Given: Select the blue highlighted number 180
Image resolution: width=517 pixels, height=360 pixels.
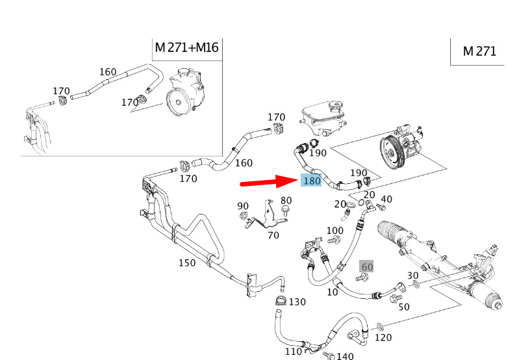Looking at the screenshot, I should click(x=312, y=181).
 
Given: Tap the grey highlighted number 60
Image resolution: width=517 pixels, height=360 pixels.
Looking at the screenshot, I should click(x=367, y=267).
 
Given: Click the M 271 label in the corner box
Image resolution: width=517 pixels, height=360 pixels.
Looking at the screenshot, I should click(x=479, y=51).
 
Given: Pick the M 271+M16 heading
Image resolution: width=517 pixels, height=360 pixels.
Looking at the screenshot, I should click(x=186, y=48).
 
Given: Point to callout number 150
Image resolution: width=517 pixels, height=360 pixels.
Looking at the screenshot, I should click(x=187, y=263).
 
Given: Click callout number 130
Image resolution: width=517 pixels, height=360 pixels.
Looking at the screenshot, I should click(x=297, y=302).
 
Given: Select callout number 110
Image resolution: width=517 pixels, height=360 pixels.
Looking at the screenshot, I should click(x=293, y=352).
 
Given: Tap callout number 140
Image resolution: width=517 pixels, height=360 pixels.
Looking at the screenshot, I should click(x=345, y=355).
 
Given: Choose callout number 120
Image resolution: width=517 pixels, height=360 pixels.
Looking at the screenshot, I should click(x=383, y=338).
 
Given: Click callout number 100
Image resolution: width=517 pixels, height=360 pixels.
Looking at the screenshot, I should click(x=335, y=231).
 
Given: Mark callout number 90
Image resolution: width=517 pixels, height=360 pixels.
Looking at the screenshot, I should click(x=243, y=206).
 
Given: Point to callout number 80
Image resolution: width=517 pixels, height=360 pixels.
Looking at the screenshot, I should click(x=286, y=200).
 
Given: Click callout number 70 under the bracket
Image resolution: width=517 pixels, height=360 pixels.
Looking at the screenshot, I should click(x=273, y=235).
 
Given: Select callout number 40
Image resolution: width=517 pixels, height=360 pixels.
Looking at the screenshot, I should click(x=386, y=199).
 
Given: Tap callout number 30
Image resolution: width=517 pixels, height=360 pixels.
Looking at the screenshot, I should click(x=413, y=275).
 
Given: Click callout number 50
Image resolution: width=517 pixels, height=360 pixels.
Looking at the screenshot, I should click(x=403, y=307).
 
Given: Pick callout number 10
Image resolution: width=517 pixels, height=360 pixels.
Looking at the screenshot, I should click(x=333, y=292).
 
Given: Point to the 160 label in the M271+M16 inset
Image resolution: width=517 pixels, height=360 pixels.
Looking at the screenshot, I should click(x=108, y=72).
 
